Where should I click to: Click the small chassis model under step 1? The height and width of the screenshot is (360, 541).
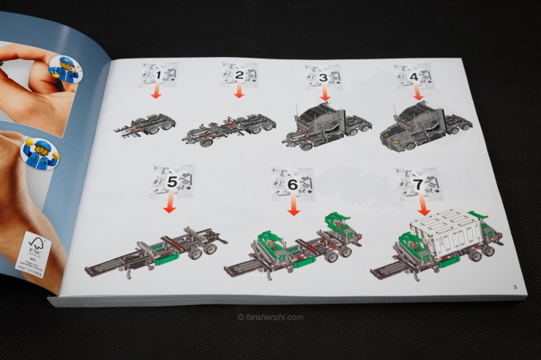(146, 124)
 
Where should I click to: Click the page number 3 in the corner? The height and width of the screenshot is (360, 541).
(515, 285)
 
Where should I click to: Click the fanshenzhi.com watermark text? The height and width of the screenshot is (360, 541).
(270, 317)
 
